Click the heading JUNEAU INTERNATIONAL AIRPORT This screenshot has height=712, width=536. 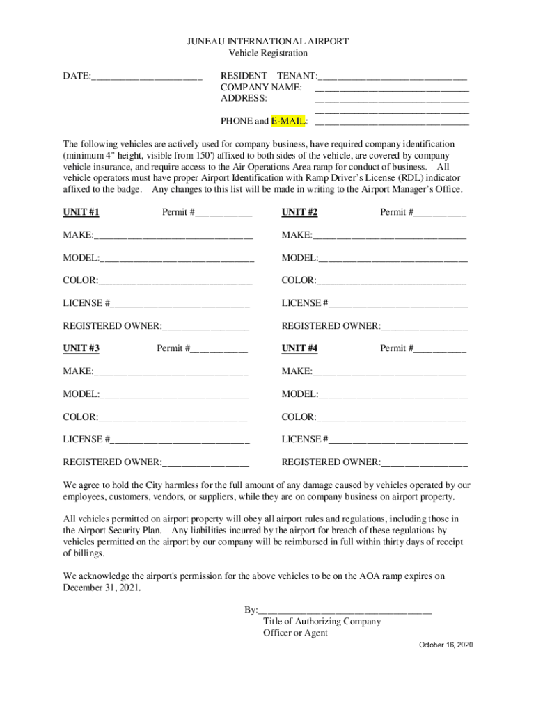pyautogui.click(x=268, y=42)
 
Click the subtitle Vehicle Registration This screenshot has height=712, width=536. pyautogui.click(x=268, y=54)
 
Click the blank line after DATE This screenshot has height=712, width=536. pyautogui.click(x=146, y=76)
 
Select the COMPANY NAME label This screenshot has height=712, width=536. pyautogui.click(x=261, y=88)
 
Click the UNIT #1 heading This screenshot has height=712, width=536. pyautogui.click(x=81, y=213)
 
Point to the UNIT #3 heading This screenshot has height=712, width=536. pyautogui.click(x=81, y=348)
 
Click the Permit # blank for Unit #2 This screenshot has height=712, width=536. pyautogui.click(x=440, y=214)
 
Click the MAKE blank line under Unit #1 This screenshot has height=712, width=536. pyautogui.click(x=173, y=237)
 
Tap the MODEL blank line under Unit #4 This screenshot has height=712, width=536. pyautogui.click(x=393, y=396)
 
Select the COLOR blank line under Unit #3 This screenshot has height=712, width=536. pyautogui.click(x=173, y=419)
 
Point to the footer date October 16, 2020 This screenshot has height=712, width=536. pyautogui.click(x=446, y=646)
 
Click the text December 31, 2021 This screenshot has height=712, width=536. pyautogui.click(x=101, y=588)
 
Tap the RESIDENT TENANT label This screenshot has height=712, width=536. pyautogui.click(x=268, y=76)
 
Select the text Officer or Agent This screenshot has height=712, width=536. pyautogui.click(x=295, y=633)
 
